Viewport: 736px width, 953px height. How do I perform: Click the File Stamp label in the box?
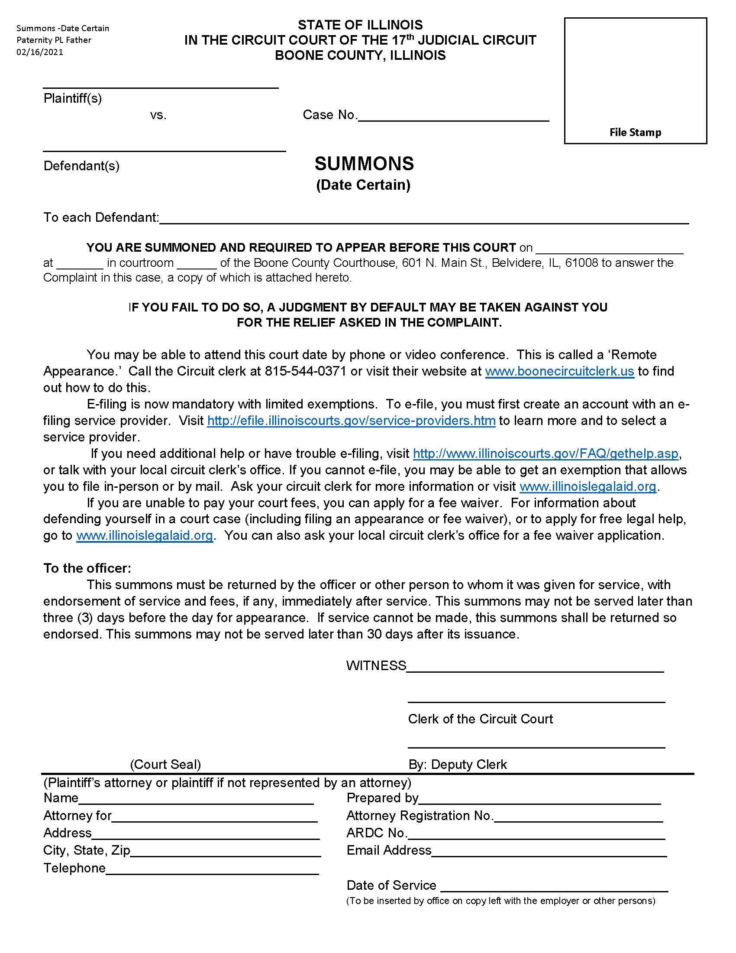coord(635,132)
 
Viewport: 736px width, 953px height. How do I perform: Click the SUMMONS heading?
coord(364,164)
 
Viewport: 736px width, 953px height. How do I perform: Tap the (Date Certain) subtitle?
coord(363,185)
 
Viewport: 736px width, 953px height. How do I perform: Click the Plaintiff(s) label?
coord(72,98)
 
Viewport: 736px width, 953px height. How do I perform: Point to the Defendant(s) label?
coord(81,166)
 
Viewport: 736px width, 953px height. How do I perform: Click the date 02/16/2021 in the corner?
coord(40,52)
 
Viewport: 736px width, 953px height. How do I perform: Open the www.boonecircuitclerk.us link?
coord(559,371)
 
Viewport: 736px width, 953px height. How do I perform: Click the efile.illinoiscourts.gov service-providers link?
coord(351,421)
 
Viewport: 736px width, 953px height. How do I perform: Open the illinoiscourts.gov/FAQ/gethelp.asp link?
coord(546,454)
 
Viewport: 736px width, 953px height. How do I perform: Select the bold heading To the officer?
coord(87,568)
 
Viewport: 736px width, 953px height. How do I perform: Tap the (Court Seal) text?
coord(165,764)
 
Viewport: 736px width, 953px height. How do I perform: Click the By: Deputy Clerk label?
coord(457,764)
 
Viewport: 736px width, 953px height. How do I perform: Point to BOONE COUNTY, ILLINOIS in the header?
coord(360,55)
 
